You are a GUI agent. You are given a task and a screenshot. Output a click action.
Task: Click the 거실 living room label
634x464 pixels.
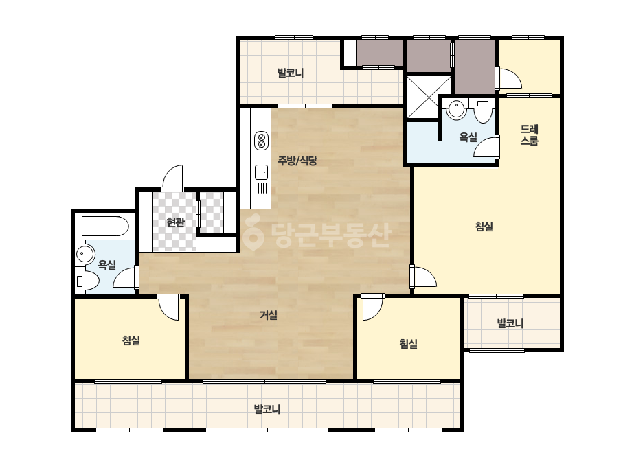[x=269, y=315]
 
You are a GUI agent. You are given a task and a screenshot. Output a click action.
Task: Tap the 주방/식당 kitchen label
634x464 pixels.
[x=297, y=161]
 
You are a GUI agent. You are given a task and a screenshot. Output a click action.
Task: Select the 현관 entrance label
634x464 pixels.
[x=175, y=222]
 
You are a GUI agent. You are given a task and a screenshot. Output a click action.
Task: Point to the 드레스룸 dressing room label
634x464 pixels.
[x=530, y=135]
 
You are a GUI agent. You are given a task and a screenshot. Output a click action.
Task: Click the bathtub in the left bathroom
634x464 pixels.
[x=105, y=227]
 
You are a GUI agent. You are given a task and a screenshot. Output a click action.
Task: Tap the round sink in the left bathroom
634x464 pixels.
[x=84, y=255]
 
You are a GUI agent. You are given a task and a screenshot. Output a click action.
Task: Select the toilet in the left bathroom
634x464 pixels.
[x=87, y=281]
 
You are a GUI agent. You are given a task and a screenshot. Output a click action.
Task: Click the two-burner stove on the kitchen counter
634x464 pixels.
[x=261, y=141]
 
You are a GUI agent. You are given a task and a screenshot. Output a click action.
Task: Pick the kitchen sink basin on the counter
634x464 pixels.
[x=261, y=172]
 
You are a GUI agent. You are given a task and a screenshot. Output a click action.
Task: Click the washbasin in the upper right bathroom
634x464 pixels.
[x=457, y=109]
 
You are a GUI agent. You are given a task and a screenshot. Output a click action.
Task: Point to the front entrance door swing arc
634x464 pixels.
[x=172, y=176]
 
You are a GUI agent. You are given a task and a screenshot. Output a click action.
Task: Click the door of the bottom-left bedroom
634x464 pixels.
[x=168, y=308]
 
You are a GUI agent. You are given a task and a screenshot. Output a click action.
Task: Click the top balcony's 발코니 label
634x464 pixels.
[x=291, y=73]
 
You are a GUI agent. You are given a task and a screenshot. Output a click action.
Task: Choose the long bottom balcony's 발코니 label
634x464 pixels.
[x=267, y=409]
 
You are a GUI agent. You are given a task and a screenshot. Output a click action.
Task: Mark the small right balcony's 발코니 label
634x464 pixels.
[x=510, y=323]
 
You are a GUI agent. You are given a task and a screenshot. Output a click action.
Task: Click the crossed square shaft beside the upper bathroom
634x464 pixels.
[x=428, y=97]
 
